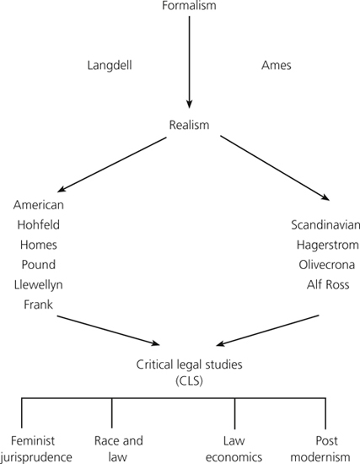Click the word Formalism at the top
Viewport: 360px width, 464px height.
(x=189, y=6)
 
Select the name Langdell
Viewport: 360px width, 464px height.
(x=110, y=66)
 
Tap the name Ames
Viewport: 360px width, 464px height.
(x=277, y=66)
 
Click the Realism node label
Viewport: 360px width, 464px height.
(x=189, y=125)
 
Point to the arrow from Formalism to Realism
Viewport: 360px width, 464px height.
(x=190, y=62)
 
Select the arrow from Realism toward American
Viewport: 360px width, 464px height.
(x=112, y=165)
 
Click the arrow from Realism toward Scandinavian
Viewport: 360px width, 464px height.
(x=275, y=168)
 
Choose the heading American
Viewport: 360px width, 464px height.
(x=39, y=205)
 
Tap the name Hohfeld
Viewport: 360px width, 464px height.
(x=39, y=224)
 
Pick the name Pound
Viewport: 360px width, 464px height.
(x=39, y=265)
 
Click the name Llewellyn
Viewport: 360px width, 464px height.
(x=39, y=284)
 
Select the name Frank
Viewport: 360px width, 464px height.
(x=39, y=305)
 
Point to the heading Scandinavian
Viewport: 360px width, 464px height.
(x=325, y=225)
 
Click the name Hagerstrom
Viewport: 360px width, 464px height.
(x=328, y=245)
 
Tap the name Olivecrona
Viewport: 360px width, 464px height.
(x=327, y=265)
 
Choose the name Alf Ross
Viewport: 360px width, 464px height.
(x=328, y=284)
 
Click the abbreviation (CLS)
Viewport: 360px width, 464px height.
(x=190, y=380)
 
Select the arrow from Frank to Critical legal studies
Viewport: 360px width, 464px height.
(x=108, y=330)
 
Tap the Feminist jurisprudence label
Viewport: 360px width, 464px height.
(x=35, y=449)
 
